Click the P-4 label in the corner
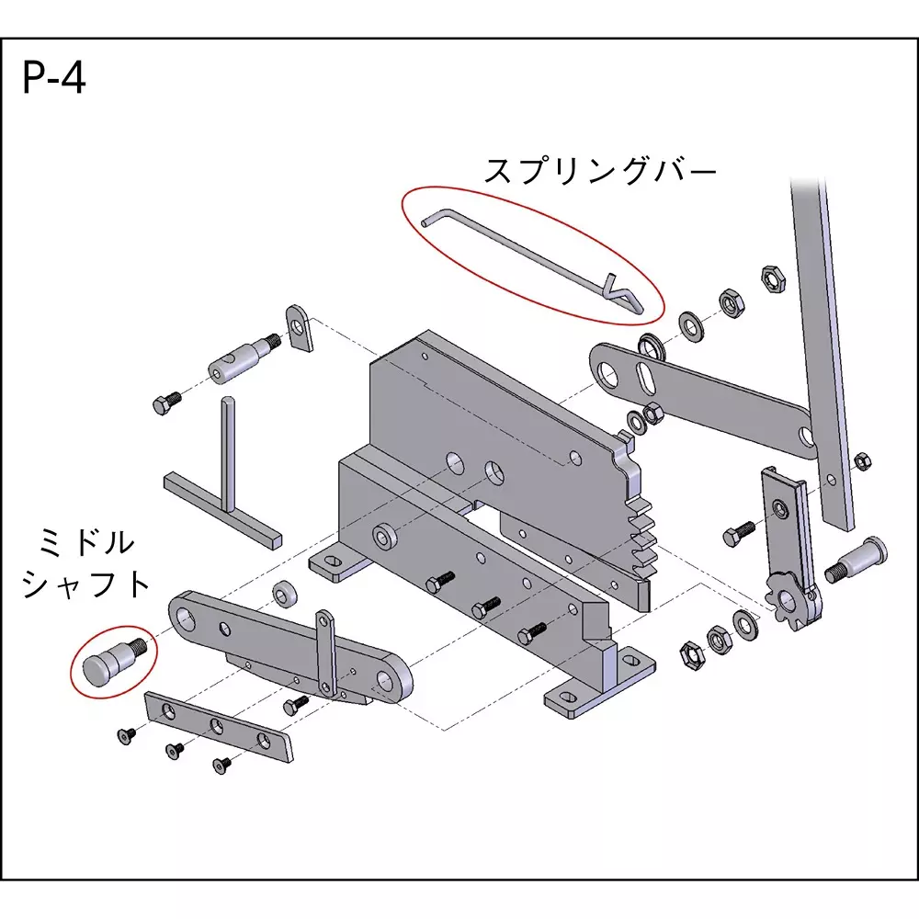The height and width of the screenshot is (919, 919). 54,78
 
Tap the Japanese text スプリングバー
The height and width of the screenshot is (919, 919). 599,171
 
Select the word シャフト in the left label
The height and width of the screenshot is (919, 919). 85,584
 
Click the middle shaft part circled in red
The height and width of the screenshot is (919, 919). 108,661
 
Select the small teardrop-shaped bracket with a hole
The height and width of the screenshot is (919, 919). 299,328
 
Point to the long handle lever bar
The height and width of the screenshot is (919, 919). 823,349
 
